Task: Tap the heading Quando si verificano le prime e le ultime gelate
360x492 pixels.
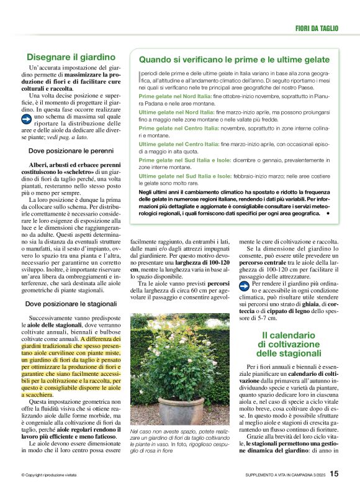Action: pos(234,60)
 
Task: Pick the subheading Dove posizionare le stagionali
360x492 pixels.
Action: pos(71,304)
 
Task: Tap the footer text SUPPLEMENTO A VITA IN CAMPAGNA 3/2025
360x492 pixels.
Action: pos(284,475)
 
